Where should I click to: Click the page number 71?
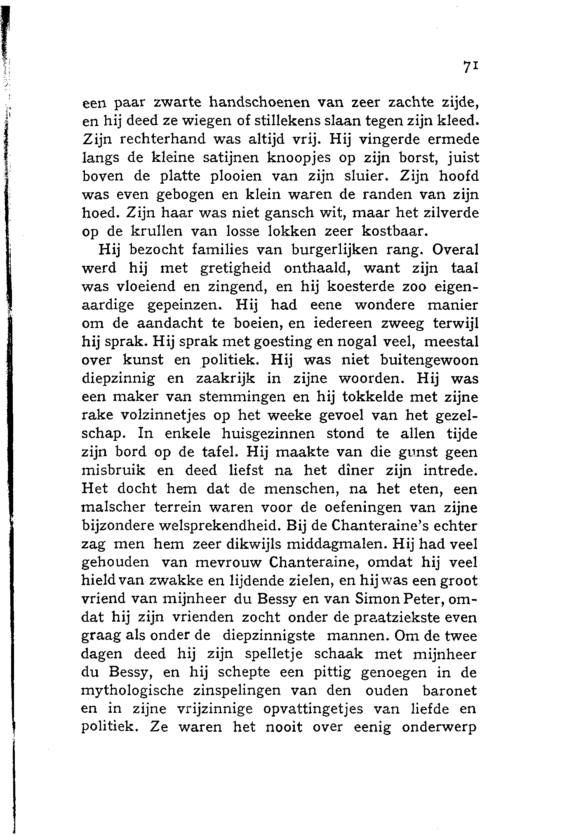pos(470,67)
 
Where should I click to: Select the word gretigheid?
pos(235,269)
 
